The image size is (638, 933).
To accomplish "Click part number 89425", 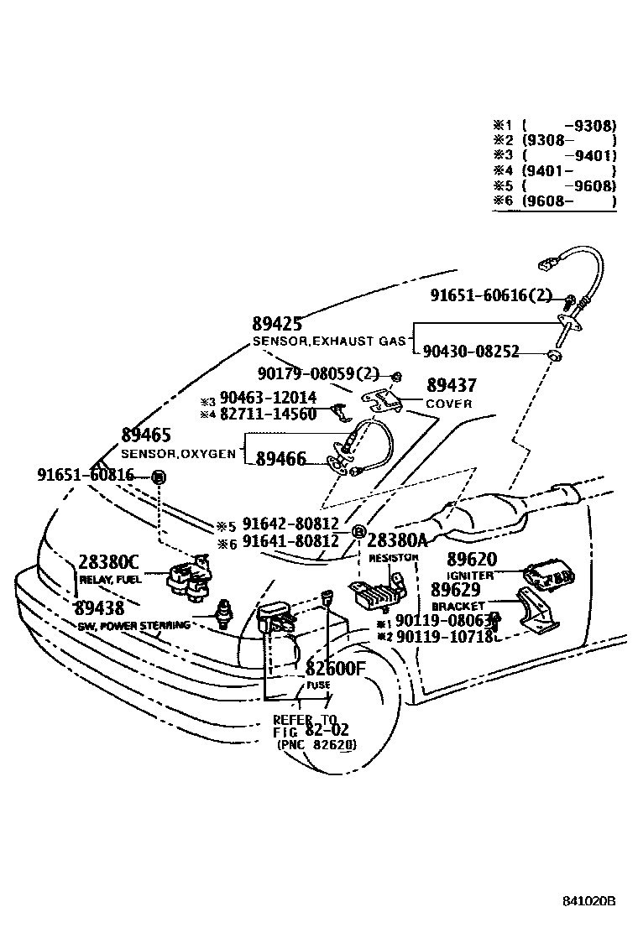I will click(276, 325).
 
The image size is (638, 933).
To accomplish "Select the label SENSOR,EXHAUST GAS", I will click(329, 341).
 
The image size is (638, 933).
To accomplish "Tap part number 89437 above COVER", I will click(451, 386).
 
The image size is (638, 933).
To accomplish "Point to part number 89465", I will click(146, 435).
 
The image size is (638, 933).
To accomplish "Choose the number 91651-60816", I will click(85, 475).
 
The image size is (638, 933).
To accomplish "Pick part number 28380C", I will click(109, 561).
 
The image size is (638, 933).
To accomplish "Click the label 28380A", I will click(397, 540).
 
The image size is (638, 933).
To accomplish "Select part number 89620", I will click(471, 560).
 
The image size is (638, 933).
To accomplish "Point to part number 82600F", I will click(336, 668).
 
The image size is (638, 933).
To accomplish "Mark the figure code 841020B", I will click(589, 901).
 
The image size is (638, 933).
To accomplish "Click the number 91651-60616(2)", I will click(491, 295).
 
